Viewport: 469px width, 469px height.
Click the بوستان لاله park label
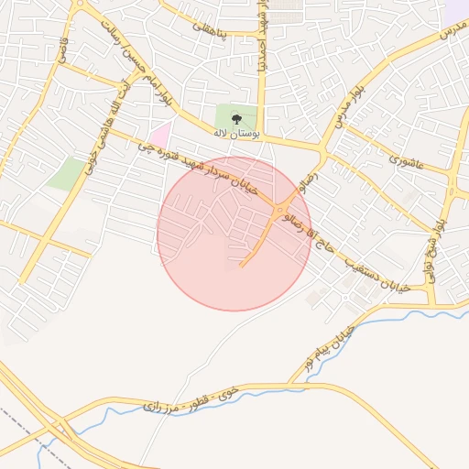pyautogui.click(x=236, y=134)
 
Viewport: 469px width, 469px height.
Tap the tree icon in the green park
pyautogui.click(x=237, y=118)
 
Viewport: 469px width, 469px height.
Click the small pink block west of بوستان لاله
pyautogui.click(x=161, y=136)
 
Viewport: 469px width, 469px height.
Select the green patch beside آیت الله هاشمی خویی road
pyautogui.click(x=66, y=173)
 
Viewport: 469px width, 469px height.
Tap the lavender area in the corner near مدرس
pyautogui.click(x=456, y=11)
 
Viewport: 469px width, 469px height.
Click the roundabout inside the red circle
pyautogui.click(x=278, y=213)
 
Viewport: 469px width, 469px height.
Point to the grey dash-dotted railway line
pyautogui.click(x=27, y=431)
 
